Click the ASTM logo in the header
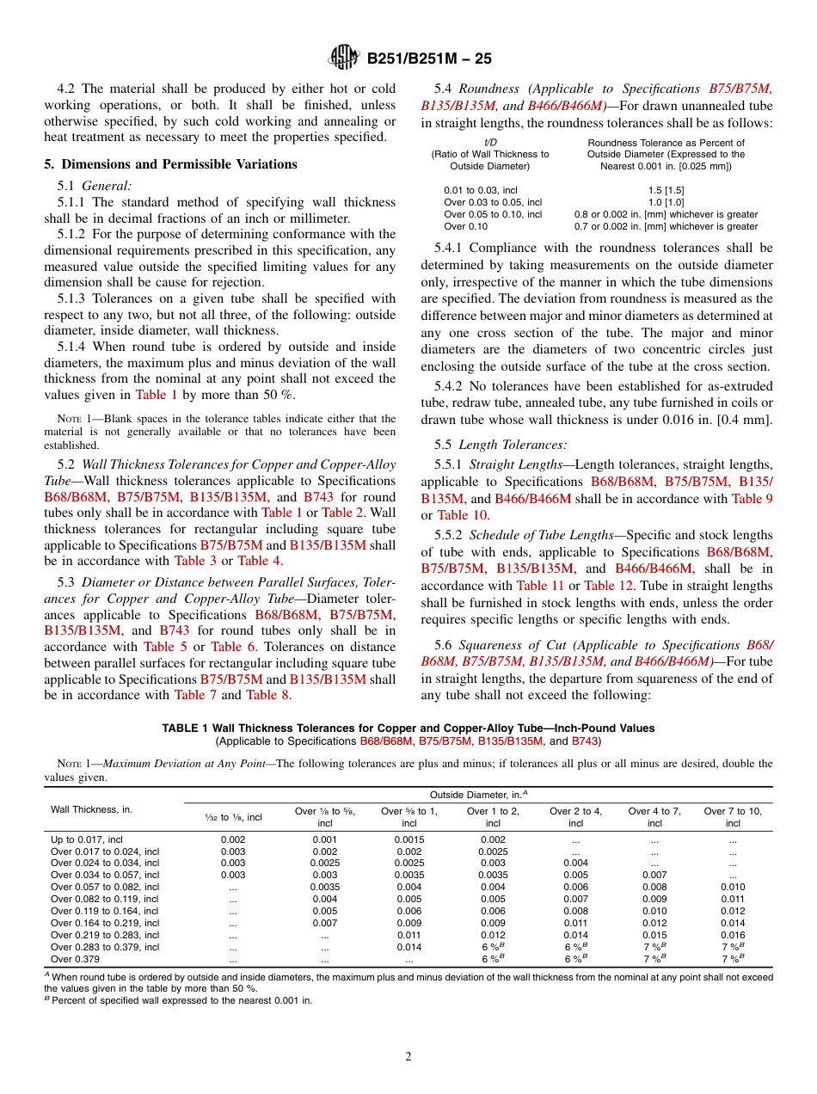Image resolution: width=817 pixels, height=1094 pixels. (x=345, y=58)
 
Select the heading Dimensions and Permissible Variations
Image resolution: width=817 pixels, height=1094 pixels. (x=171, y=164)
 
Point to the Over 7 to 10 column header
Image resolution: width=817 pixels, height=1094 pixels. (x=732, y=816)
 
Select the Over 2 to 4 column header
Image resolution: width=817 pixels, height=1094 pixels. (x=575, y=816)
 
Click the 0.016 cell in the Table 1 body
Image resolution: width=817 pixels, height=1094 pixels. (x=732, y=935)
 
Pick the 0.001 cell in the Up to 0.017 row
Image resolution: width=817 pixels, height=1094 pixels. (x=325, y=839)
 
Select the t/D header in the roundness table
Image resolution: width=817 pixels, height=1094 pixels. (x=489, y=143)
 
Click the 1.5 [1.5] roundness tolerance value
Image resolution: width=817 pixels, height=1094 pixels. (x=666, y=190)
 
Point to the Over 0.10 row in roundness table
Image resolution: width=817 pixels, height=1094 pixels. (x=465, y=226)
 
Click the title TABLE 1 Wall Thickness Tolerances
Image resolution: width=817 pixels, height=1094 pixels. (x=408, y=728)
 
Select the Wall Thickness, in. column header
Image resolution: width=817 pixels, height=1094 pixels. (x=91, y=809)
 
